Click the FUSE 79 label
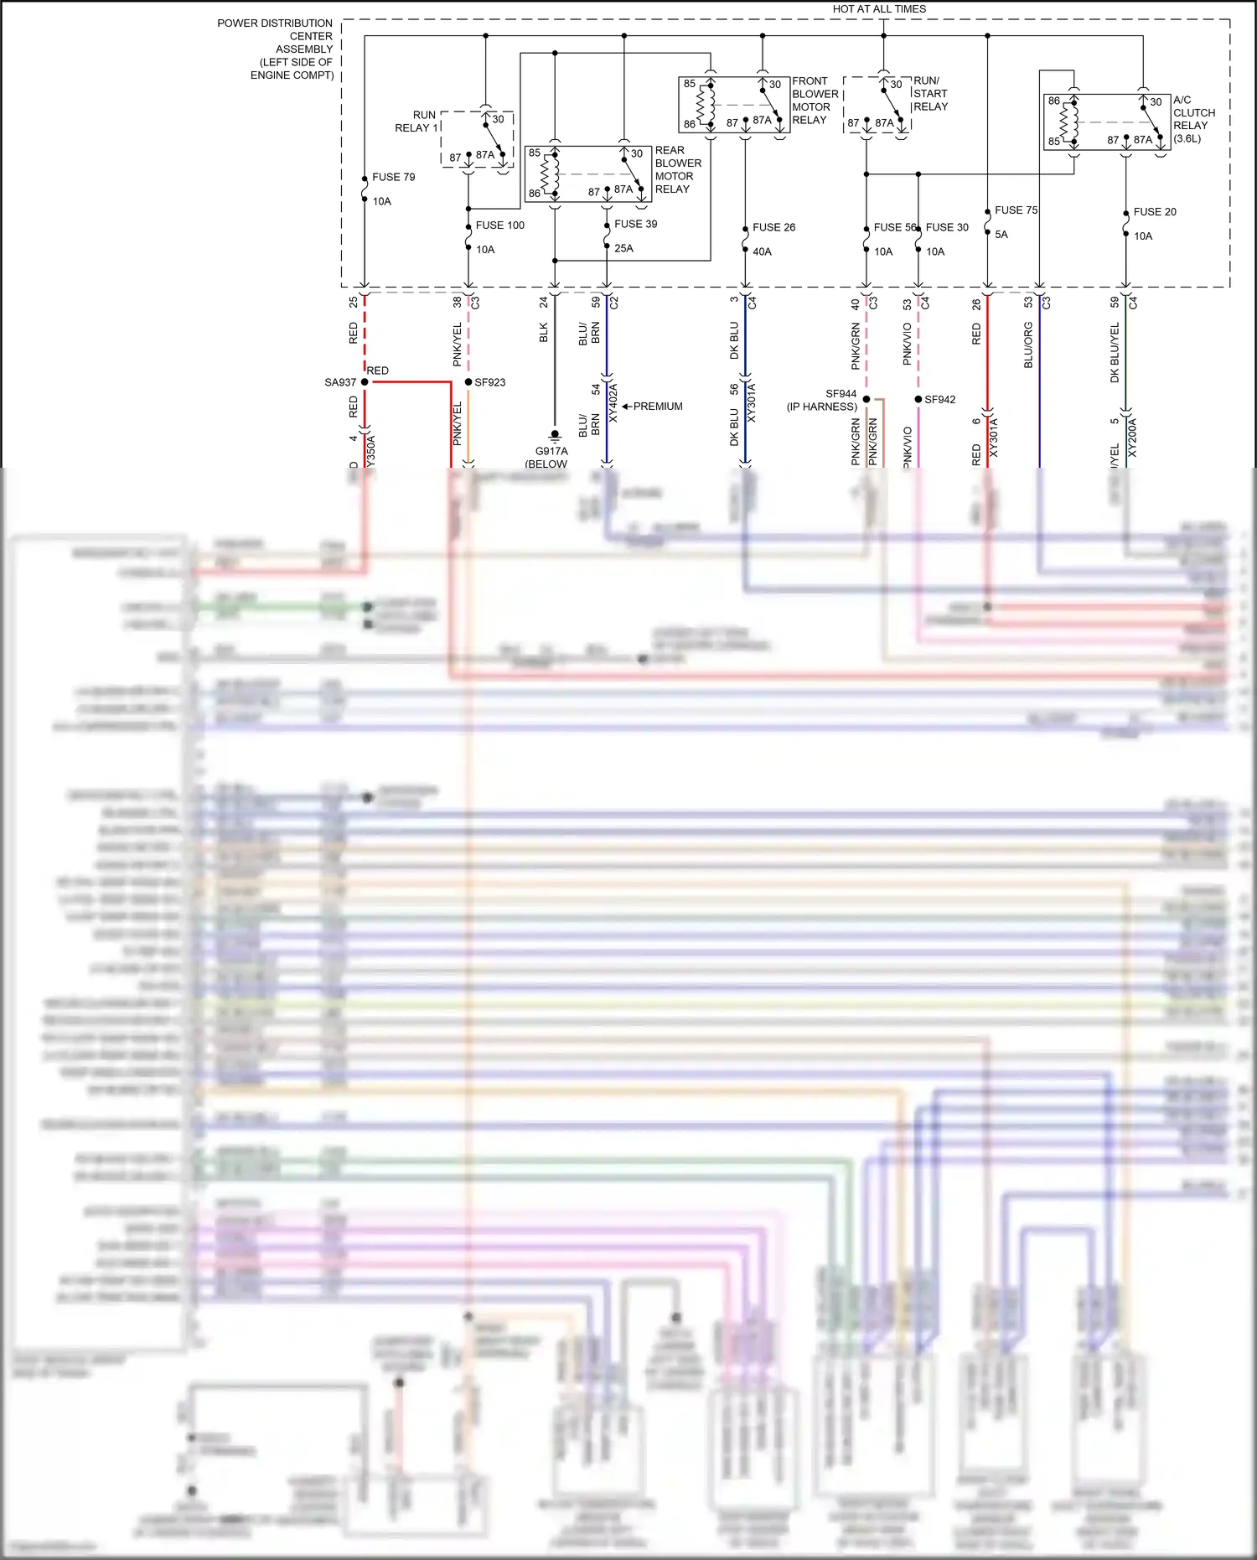(393, 177)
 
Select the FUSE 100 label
(499, 225)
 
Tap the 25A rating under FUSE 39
(623, 248)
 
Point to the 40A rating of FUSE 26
(762, 251)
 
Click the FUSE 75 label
(1016, 210)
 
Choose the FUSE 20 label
(1154, 212)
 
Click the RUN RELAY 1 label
(416, 122)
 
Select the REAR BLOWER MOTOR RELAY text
(678, 169)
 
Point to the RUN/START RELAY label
(930, 94)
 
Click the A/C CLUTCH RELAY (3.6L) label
(1193, 119)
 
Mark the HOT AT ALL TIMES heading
(879, 9)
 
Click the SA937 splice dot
(365, 382)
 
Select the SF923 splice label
(490, 382)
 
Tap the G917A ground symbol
(554, 436)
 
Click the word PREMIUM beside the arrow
(658, 407)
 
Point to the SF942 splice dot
(918, 399)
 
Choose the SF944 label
(841, 394)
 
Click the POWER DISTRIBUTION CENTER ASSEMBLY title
(277, 49)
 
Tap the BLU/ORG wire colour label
(1028, 345)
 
